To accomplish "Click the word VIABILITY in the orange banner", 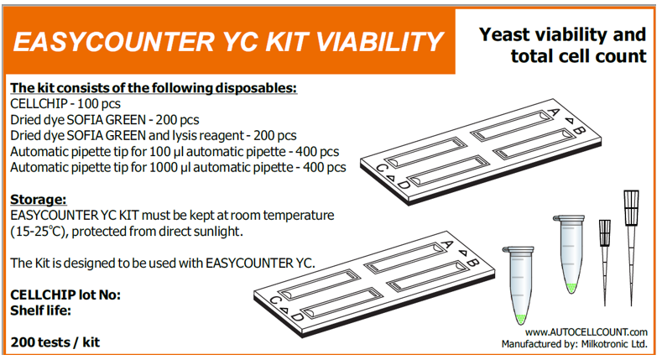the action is (379, 42).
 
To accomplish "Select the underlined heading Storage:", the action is (39, 199).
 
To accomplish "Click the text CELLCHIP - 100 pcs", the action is (65, 104).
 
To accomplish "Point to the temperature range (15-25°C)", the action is (38, 232).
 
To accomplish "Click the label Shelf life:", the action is (40, 310).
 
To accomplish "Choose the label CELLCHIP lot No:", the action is (65, 295).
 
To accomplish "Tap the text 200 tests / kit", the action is (55, 342).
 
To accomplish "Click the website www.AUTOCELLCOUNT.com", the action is (586, 332).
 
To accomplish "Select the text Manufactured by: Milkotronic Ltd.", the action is (574, 344).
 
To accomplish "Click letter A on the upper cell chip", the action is (554, 112).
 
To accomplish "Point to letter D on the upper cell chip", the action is (404, 185).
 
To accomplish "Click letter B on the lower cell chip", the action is (473, 262).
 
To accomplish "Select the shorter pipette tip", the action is (605, 262).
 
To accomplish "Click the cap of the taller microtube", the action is (568, 218).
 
